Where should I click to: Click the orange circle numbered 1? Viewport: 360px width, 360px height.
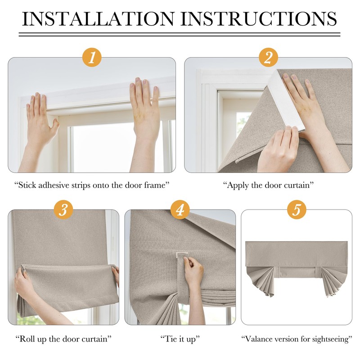click(x=92, y=57)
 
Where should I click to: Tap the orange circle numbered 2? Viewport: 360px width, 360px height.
click(x=268, y=57)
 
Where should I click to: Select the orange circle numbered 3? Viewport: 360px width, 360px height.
click(x=63, y=210)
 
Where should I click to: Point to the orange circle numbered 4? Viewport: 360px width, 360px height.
click(x=180, y=210)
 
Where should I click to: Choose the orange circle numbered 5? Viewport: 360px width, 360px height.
click(x=297, y=210)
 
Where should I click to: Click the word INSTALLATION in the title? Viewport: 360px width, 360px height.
click(x=98, y=19)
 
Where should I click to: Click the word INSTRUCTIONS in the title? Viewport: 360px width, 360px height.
click(x=259, y=19)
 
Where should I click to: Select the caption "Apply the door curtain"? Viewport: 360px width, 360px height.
click(x=268, y=185)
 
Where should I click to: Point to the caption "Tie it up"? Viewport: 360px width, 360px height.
click(x=180, y=339)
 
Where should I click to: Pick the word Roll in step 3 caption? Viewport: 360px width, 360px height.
click(x=27, y=339)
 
